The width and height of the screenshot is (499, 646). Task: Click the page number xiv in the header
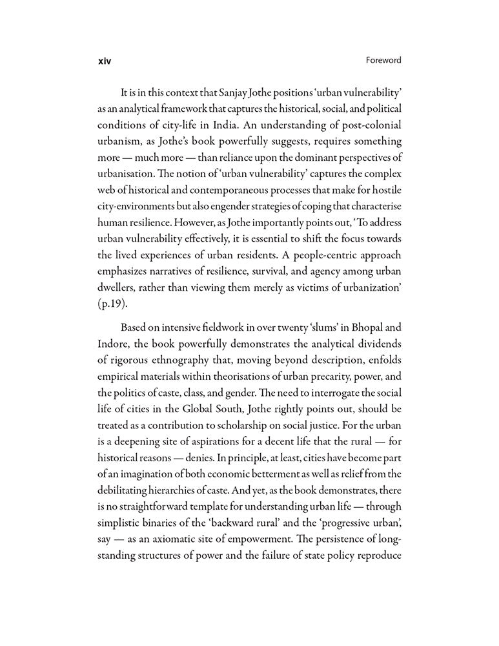[104, 61]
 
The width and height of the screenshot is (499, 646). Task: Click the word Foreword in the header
[382, 60]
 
